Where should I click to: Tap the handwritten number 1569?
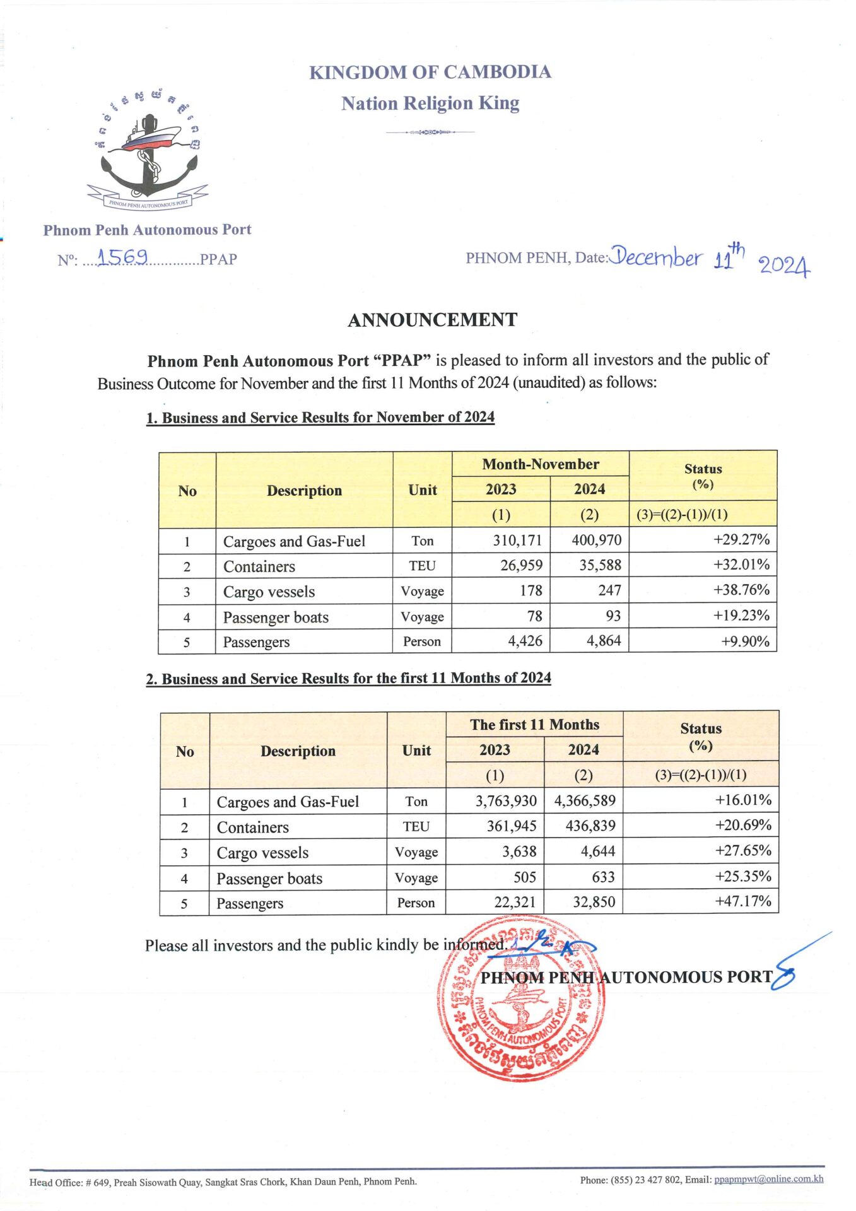click(123, 257)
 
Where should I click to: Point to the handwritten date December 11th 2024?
click(710, 259)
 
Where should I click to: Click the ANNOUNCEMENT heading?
click(433, 320)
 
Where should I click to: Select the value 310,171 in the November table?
click(517, 541)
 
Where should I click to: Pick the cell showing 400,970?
click(596, 541)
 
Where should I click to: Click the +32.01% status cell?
click(741, 565)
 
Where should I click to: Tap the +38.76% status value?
click(741, 590)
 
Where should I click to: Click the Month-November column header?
click(541, 464)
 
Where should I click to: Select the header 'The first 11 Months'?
click(535, 725)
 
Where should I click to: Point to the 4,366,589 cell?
click(585, 801)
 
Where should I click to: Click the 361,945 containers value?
click(512, 826)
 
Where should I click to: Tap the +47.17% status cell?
click(742, 901)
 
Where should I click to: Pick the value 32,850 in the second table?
click(594, 903)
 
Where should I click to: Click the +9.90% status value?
click(745, 641)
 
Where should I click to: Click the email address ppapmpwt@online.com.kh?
click(768, 1179)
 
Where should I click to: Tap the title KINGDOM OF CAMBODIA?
click(430, 73)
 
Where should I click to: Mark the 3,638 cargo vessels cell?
click(519, 851)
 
